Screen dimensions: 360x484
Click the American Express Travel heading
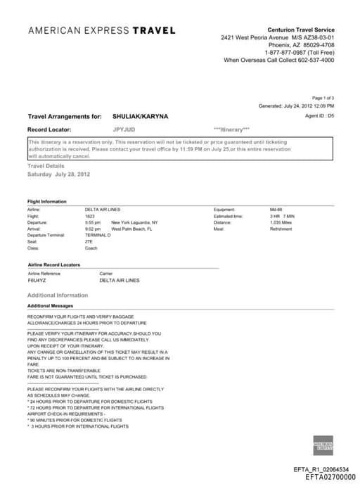(102, 30)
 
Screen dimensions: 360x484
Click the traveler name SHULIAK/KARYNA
(140, 116)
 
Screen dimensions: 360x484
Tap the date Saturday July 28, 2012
(58, 174)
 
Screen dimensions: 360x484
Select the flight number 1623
(89, 216)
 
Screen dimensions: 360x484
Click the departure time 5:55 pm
(93, 222)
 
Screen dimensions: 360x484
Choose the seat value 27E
(89, 241)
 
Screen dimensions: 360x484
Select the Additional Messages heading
(50, 306)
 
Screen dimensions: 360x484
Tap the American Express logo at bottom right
(322, 445)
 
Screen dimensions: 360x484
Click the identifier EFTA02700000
(330, 476)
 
